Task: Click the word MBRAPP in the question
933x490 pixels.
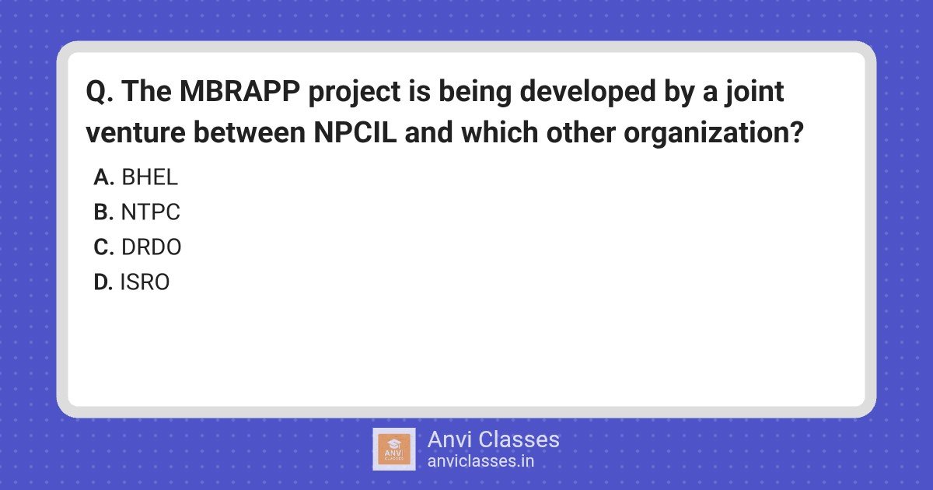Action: click(240, 91)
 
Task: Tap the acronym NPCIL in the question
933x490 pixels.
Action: click(355, 132)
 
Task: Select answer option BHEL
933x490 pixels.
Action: click(149, 177)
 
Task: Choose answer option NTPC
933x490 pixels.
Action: click(150, 212)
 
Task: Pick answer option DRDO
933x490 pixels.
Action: click(151, 247)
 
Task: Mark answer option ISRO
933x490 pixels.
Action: click(145, 282)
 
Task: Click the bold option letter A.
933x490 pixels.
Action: click(104, 177)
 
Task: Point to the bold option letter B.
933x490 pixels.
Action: click(103, 212)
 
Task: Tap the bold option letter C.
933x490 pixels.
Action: click(104, 247)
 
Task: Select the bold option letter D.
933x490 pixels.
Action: click(103, 282)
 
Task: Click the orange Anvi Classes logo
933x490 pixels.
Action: click(394, 450)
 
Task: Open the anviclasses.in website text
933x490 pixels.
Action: click(480, 461)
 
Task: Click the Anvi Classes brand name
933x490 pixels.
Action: click(494, 439)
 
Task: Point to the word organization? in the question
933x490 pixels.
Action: click(714, 134)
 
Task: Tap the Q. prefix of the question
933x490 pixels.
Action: click(100, 92)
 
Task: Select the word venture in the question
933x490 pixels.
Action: click(135, 133)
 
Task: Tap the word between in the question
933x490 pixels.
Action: click(250, 132)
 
